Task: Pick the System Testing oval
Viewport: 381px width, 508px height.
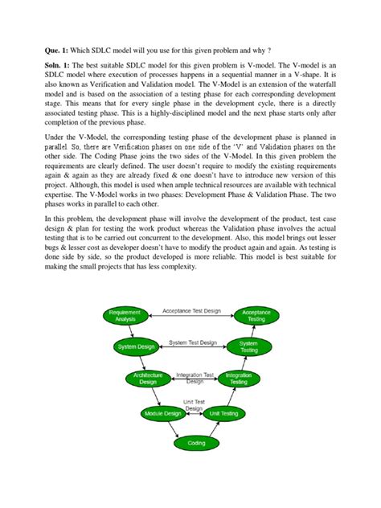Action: click(248, 347)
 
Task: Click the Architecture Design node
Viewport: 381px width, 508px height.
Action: click(148, 379)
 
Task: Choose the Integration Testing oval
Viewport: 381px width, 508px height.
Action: click(239, 379)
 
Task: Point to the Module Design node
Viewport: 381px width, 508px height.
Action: click(163, 413)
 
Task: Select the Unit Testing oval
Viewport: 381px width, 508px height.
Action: click(223, 413)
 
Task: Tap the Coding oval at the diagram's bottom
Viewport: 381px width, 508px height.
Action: click(195, 443)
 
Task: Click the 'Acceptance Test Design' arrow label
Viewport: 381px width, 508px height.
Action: click(190, 310)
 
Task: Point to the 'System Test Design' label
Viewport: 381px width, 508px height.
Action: click(193, 342)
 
